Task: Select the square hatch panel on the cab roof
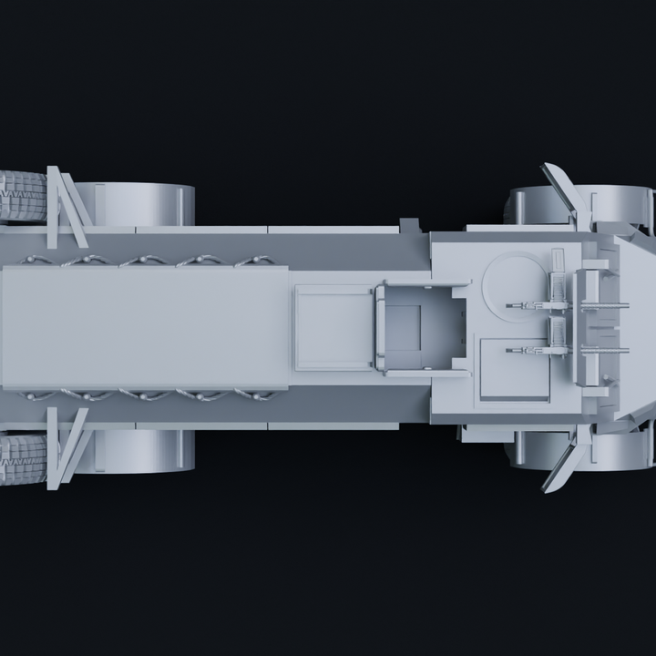(514, 368)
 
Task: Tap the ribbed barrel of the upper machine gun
(604, 305)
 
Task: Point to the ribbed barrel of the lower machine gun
(604, 350)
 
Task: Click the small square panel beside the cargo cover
(333, 327)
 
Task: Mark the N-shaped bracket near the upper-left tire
(66, 207)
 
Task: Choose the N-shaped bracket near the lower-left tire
(66, 447)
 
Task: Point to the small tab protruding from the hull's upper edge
(409, 225)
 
